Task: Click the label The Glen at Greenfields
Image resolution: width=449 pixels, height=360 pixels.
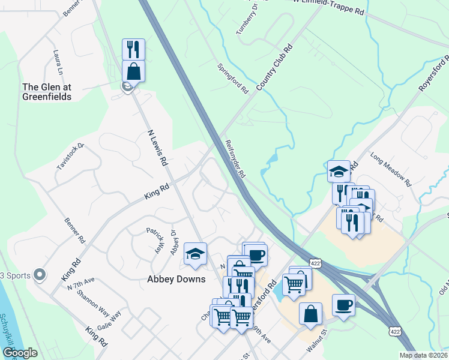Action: (x=47, y=92)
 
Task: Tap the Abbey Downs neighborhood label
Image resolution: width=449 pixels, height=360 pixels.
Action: (x=176, y=279)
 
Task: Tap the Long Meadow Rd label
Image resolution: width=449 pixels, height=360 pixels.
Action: (x=390, y=169)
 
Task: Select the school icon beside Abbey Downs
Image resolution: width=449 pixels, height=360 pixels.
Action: (x=195, y=254)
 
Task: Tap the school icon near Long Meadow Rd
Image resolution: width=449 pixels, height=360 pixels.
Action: (x=339, y=171)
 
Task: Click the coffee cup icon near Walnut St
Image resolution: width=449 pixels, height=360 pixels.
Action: (x=343, y=305)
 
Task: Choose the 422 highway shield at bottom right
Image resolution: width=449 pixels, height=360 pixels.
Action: (x=394, y=331)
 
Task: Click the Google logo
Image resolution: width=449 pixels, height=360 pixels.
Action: (x=20, y=353)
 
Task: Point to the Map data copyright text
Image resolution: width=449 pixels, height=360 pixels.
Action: (x=423, y=355)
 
